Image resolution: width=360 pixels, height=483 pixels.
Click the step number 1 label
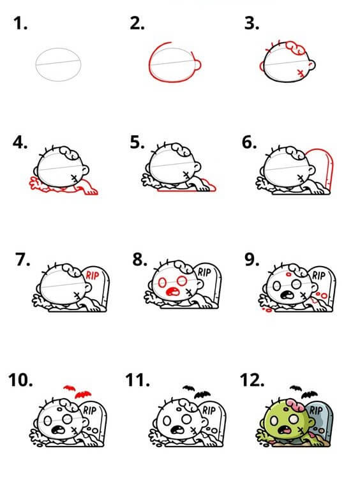tap(20, 24)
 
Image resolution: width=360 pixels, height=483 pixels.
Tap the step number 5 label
tap(137, 143)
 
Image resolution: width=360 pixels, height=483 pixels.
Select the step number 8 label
tap(140, 260)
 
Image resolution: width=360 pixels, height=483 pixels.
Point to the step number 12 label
tap(252, 380)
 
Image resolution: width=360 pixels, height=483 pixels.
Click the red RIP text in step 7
tap(92, 275)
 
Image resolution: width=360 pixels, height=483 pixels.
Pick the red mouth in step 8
tap(172, 292)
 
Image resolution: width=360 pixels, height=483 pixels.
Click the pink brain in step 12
tap(294, 405)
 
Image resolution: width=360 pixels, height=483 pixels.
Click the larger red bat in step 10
tap(83, 394)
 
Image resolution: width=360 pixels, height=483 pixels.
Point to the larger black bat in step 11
tap(202, 394)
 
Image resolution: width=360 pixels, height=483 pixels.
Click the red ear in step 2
tap(198, 65)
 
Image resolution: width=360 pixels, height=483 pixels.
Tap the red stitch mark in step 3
tap(300, 73)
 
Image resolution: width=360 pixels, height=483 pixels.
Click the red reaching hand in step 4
tap(36, 184)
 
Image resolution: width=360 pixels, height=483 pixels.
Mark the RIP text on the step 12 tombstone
tap(315, 411)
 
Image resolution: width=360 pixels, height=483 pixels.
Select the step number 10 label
tap(20, 380)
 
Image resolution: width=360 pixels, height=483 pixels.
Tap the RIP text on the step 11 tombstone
tap(209, 411)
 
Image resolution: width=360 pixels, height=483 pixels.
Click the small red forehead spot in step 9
tap(289, 274)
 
